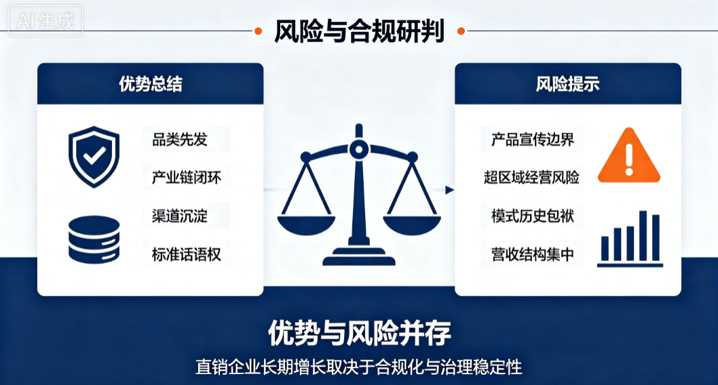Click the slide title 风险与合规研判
[x=359, y=31]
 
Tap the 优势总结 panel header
[x=150, y=83]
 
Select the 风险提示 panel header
[x=568, y=83]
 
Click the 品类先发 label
[x=179, y=140]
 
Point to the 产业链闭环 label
[x=187, y=178]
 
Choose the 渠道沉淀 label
[x=179, y=216]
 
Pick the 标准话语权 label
[x=187, y=254]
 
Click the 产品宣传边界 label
[x=533, y=140]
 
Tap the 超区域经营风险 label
[x=531, y=178]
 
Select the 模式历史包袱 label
[x=533, y=216]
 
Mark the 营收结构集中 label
[x=533, y=254]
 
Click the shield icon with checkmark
[x=94, y=157]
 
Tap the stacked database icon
[x=94, y=239]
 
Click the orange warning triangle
[x=629, y=156]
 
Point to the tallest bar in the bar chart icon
[x=643, y=236]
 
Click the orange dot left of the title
[x=259, y=31]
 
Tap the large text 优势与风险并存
[x=360, y=333]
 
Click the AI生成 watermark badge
[x=45, y=20]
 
